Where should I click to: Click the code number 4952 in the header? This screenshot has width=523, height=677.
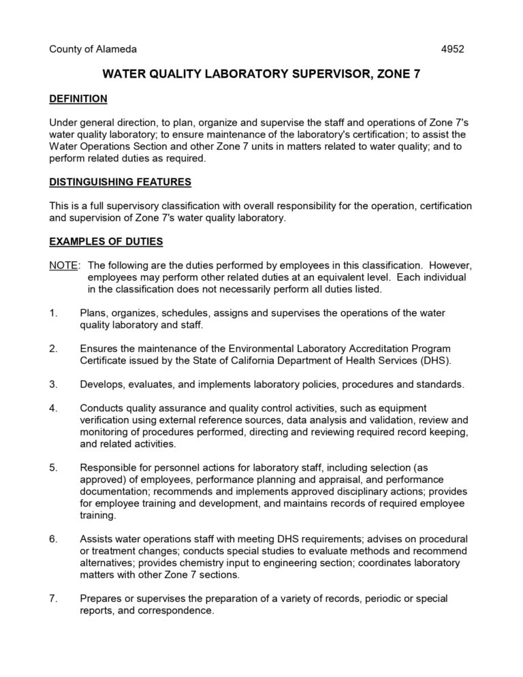452,50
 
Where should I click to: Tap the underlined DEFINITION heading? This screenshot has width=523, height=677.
78,99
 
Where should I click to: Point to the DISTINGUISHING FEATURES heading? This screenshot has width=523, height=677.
121,182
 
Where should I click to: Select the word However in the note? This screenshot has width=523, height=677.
447,265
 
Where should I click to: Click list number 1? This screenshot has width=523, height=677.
53,313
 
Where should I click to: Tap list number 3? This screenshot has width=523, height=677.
53,384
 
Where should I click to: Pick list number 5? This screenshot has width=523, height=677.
53,468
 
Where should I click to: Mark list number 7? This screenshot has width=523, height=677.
53,599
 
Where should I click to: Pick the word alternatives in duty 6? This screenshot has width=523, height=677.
108,563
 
